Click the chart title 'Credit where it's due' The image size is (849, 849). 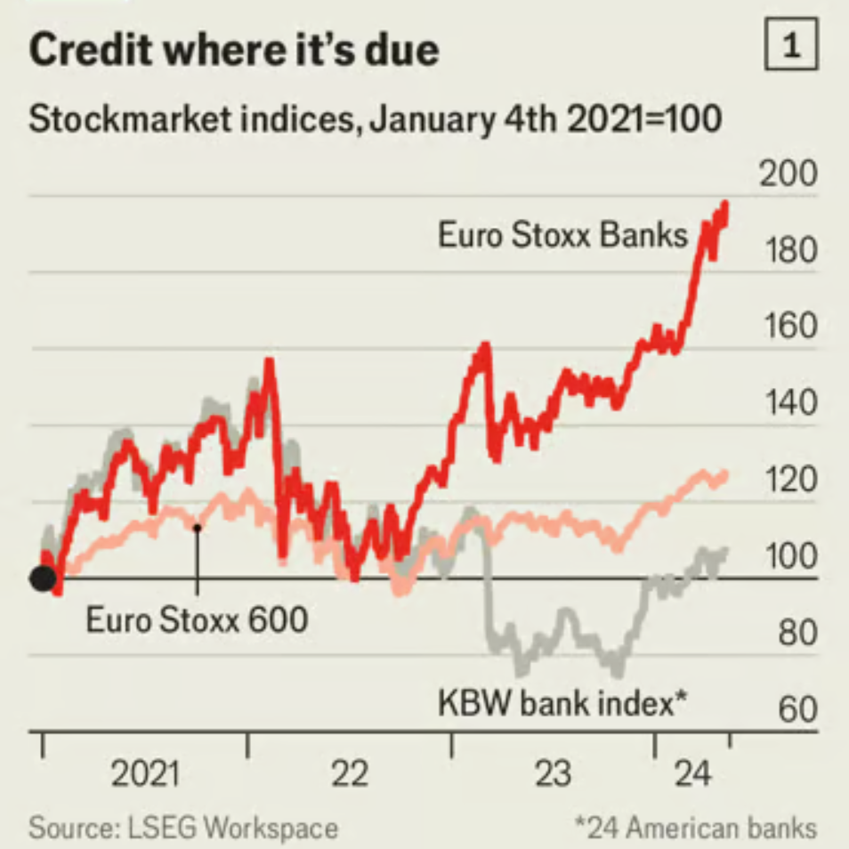[233, 50]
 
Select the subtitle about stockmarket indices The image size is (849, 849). [375, 118]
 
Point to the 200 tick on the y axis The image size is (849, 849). [787, 175]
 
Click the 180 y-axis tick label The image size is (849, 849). [787, 251]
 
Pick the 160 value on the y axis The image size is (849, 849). [787, 327]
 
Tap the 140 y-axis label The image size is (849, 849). [787, 404]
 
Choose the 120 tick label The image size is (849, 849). [787, 481]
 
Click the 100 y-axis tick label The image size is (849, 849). [787, 557]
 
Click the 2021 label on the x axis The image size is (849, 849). [144, 774]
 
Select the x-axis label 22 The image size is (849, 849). [350, 774]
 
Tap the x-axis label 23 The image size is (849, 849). [553, 774]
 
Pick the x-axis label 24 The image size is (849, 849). [693, 774]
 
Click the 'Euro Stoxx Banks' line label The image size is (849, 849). [562, 236]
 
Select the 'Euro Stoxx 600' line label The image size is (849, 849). [197, 619]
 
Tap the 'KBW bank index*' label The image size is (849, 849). [562, 704]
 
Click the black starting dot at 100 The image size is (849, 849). [42, 578]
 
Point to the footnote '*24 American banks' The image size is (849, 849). [694, 828]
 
